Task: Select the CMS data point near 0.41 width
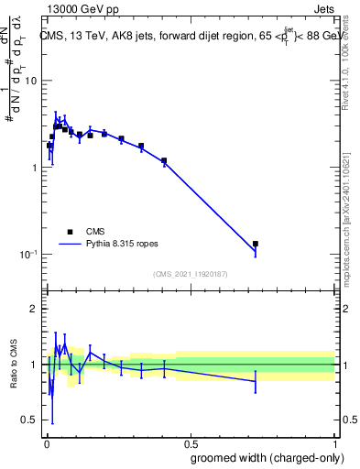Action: (164, 161)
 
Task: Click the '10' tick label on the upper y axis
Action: (30, 81)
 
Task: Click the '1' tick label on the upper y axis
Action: (34, 168)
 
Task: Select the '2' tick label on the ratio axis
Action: (34, 310)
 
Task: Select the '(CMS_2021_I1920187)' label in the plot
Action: (190, 273)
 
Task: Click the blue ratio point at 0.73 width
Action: (256, 381)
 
